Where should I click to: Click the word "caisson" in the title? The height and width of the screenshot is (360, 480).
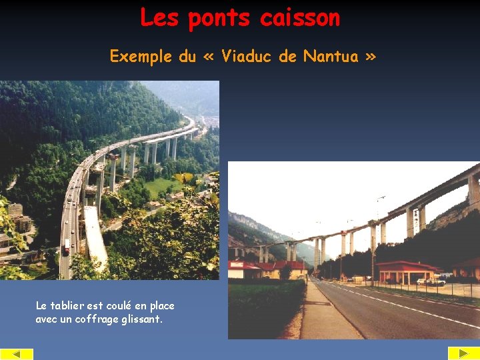tap(300, 18)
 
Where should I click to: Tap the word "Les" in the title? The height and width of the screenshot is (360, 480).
tap(159, 18)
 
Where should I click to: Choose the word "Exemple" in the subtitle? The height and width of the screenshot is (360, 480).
tap(141, 57)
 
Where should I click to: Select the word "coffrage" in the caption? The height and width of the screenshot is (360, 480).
tap(98, 319)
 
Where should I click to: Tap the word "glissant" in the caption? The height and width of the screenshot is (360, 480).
tap(139, 319)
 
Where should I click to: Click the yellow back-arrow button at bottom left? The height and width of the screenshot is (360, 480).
tap(17, 353)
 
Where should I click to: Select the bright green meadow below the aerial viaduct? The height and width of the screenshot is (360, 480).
tap(160, 186)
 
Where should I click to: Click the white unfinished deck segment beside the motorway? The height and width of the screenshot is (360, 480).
tap(94, 237)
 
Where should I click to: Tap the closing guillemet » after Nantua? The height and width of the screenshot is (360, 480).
tap(370, 57)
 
